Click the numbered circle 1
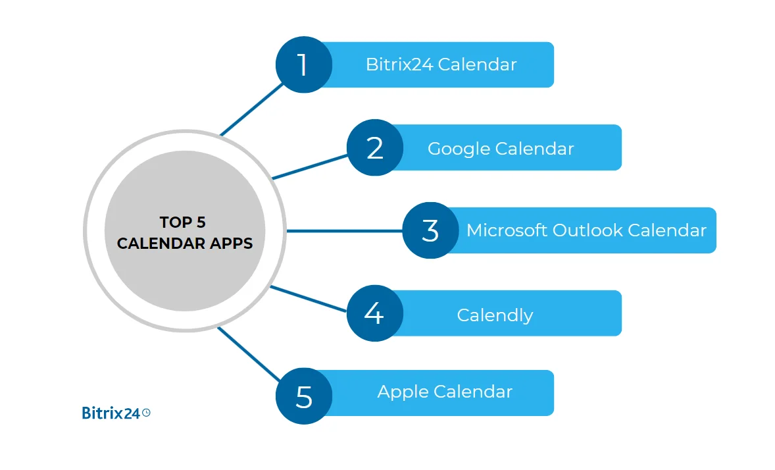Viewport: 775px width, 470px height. click(303, 65)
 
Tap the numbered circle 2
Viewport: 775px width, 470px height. click(375, 147)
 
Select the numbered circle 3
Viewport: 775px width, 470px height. click(430, 230)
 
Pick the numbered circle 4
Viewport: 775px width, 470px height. click(374, 313)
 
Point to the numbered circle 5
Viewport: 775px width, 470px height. click(303, 396)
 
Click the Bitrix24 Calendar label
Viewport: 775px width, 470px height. click(441, 65)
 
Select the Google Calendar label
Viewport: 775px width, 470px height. click(501, 148)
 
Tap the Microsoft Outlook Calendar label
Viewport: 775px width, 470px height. click(586, 230)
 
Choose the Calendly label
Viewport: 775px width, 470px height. click(495, 315)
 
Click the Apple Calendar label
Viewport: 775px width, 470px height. click(445, 392)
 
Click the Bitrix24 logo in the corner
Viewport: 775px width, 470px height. click(111, 413)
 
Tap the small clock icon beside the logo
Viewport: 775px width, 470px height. click(146, 412)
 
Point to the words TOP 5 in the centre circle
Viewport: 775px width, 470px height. click(183, 222)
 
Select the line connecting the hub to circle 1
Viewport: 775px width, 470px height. click(251, 109)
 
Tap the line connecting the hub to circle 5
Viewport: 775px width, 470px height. click(249, 353)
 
